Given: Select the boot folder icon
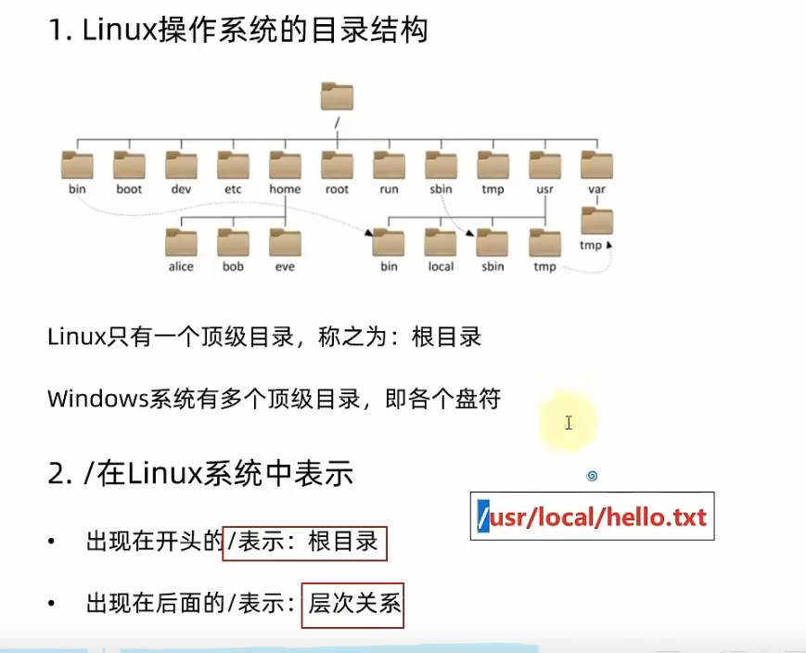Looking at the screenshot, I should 129,164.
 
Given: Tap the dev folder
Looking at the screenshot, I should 181,164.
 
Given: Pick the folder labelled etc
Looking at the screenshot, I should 233,164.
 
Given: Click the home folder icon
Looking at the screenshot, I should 285,164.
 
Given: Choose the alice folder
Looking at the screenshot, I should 181,242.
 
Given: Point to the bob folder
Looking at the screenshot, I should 233,242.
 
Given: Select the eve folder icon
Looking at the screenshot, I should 285,242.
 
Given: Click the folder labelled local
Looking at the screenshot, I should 441,242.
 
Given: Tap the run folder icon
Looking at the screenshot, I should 389,164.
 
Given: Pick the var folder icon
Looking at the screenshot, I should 597,164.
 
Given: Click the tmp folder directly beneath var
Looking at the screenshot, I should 597,222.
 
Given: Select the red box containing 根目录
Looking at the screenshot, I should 304,543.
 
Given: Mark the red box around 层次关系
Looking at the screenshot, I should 352,604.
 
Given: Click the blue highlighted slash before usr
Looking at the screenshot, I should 483,517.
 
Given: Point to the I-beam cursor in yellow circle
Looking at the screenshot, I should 569,423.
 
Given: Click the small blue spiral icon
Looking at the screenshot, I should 592,476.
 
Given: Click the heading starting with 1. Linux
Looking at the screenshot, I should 237,31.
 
